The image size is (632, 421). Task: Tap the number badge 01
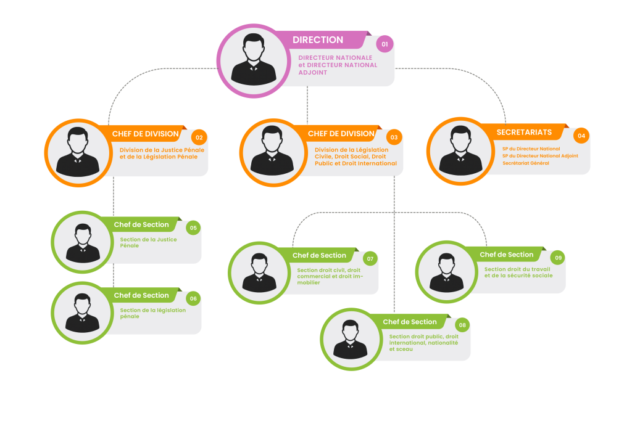tap(385, 44)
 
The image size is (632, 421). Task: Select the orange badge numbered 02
tap(199, 137)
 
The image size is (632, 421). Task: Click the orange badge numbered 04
tap(580, 136)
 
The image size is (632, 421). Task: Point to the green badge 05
tap(193, 228)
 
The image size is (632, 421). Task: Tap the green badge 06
tap(193, 299)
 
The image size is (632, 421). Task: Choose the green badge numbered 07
tap(370, 259)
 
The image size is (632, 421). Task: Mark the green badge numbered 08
tap(462, 325)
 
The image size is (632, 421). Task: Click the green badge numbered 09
tap(557, 258)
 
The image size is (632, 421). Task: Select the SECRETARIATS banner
tap(525, 133)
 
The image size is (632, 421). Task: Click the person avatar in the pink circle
tap(254, 60)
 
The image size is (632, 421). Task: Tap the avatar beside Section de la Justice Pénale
tap(82, 242)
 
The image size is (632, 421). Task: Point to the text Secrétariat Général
tap(526, 163)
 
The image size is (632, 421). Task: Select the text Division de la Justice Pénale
tap(162, 150)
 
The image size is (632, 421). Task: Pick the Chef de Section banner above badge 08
tap(410, 322)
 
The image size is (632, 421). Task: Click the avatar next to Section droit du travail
tap(446, 272)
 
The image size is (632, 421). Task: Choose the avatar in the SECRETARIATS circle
tap(457, 151)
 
